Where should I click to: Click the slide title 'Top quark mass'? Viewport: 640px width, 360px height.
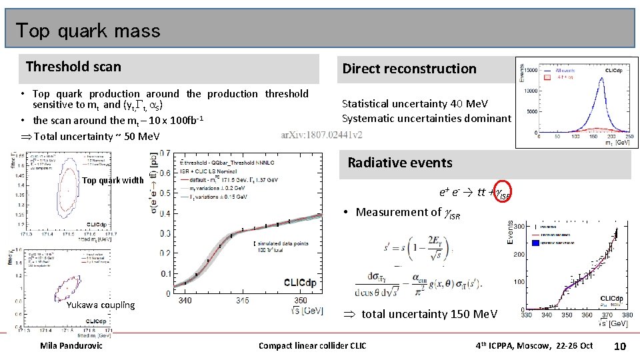(x=88, y=31)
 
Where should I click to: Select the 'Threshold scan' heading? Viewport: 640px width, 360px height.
(x=73, y=66)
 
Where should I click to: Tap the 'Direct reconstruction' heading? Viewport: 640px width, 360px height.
(x=409, y=69)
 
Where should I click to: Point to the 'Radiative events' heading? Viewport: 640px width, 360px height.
(x=400, y=163)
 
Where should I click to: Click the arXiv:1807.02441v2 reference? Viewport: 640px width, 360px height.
(x=322, y=134)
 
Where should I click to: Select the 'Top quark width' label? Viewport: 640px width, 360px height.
(x=113, y=181)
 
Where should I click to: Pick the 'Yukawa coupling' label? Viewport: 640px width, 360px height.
(x=101, y=305)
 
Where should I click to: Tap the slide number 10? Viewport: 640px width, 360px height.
(x=619, y=345)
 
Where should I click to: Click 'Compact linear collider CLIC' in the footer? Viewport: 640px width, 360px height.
(x=313, y=345)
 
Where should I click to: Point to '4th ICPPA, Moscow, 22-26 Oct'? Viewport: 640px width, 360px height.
(x=533, y=345)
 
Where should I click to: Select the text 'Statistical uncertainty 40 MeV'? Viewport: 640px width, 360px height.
(x=415, y=104)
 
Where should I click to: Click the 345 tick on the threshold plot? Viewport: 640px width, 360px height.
(x=242, y=301)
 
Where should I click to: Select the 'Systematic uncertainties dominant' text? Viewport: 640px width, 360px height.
(x=426, y=119)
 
